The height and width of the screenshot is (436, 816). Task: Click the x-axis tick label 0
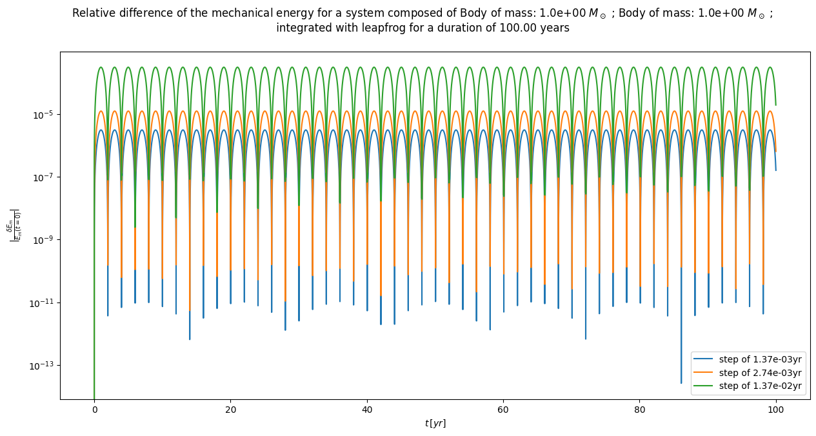tap(94, 410)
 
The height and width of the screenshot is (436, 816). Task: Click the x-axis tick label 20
tap(230, 410)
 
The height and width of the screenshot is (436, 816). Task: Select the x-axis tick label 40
tap(367, 410)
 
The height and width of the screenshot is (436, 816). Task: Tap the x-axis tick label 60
tap(503, 410)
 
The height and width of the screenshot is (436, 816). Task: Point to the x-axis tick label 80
tap(639, 410)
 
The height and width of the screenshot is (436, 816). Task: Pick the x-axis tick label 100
tap(776, 410)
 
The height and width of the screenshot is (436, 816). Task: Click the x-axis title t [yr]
tap(435, 423)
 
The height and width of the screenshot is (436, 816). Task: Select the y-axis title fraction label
tap(14, 226)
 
